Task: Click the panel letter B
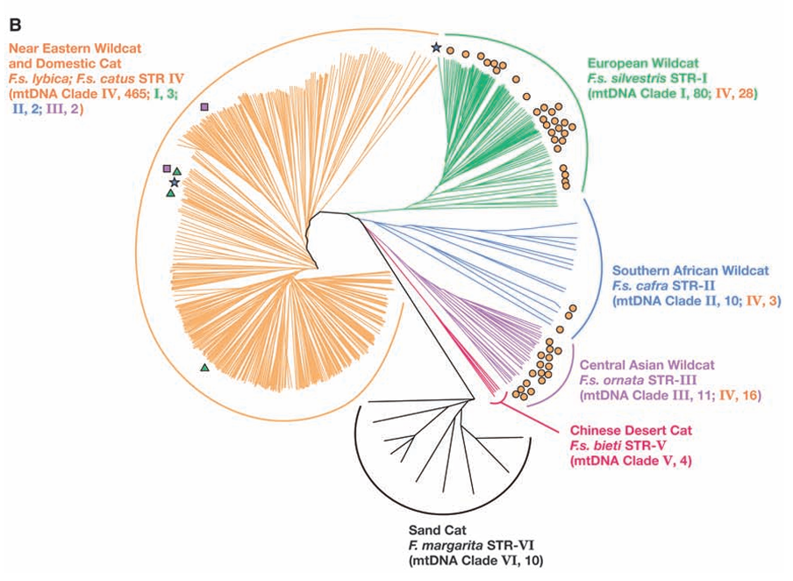14,24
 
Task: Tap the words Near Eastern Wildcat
75,48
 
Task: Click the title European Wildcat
643,63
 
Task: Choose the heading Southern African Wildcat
690,270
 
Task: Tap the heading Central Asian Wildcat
647,365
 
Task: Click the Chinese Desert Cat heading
632,431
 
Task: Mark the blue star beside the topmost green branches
436,47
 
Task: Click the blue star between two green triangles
175,183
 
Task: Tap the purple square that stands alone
204,107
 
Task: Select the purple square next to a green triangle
167,169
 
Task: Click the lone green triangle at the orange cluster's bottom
204,368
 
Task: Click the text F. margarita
445,546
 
